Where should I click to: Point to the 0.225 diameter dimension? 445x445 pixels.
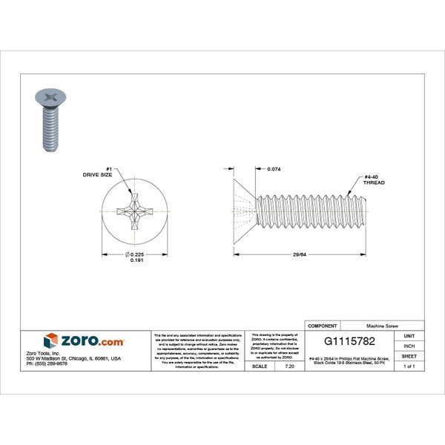[134, 255]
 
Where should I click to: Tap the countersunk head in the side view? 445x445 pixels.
[244, 212]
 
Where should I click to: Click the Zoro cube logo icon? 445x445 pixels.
[50, 340]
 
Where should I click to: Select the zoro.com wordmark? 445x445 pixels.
[92, 340]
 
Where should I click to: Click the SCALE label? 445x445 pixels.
[260, 366]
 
